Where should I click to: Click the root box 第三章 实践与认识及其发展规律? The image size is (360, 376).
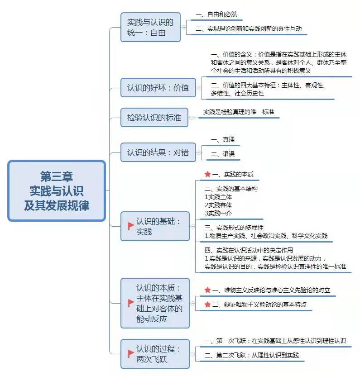[x=57, y=190]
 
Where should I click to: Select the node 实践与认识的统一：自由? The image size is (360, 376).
[x=150, y=27]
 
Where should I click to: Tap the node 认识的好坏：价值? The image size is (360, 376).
[x=158, y=88]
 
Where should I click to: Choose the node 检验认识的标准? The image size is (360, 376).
[x=154, y=118]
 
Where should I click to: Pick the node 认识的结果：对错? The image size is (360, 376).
[x=158, y=152]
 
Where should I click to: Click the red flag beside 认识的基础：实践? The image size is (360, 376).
[x=131, y=226]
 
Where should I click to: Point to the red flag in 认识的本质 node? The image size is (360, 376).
[x=131, y=303]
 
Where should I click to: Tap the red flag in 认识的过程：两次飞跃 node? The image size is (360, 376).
[x=131, y=353]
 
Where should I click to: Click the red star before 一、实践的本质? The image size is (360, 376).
[x=207, y=174]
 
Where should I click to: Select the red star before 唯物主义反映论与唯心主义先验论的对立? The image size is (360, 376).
[x=207, y=290]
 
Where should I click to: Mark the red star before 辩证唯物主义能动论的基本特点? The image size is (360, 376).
[x=207, y=305]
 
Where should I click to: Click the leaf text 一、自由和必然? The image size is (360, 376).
[x=216, y=14]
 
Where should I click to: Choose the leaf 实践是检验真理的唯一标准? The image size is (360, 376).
[x=239, y=112]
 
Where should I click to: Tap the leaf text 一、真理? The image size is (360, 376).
[x=223, y=139]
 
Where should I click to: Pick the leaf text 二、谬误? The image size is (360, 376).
[x=223, y=154]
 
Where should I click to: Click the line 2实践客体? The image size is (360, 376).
[x=218, y=205]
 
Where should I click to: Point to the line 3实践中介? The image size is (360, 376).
[x=218, y=213]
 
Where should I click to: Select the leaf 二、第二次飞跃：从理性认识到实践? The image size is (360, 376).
[x=252, y=355]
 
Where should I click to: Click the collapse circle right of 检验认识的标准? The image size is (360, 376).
[x=191, y=118]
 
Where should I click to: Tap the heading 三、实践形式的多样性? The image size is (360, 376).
[x=234, y=228]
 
